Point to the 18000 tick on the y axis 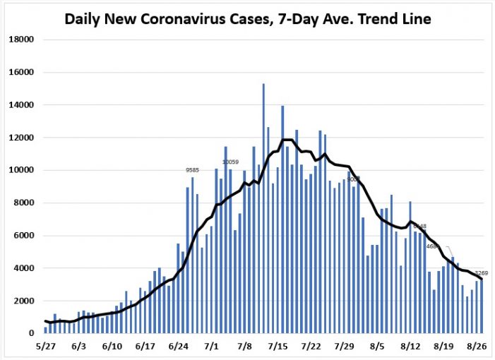coord(22,40)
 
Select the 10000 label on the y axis coord(22,171)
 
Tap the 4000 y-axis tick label coord(25,268)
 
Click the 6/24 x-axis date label coord(178,347)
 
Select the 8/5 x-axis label coord(377,347)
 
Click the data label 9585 coord(192,170)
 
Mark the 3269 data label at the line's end coord(482,273)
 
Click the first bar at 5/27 coord(45,330)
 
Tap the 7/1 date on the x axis coord(212,347)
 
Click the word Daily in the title coord(83,18)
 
